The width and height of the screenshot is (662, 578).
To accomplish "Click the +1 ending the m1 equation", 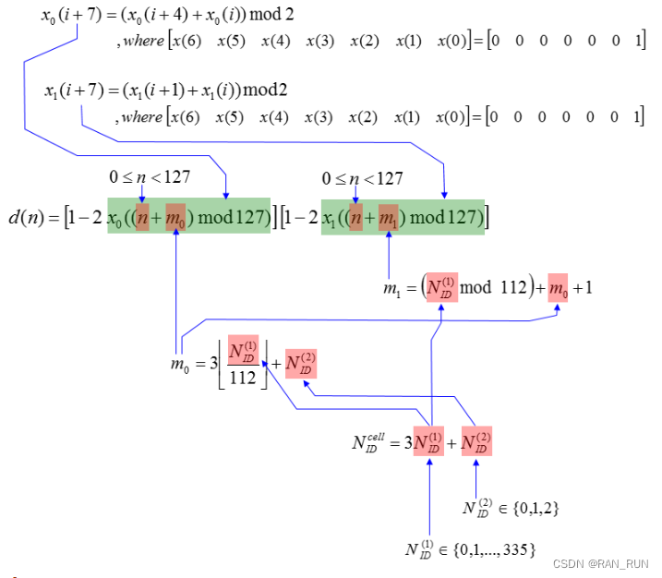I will [x=583, y=288].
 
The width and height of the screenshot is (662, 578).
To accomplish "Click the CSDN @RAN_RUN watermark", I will [x=599, y=563].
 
